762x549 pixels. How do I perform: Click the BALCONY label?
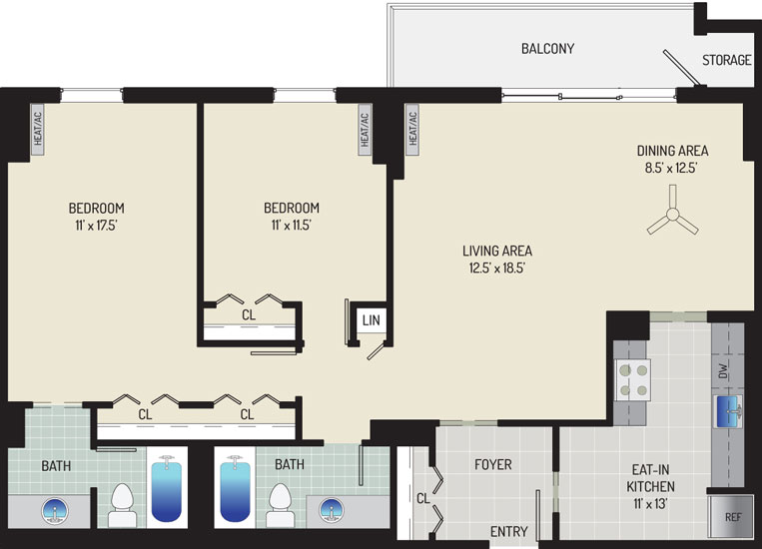pos(547,49)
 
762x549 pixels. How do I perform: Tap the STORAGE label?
pos(726,60)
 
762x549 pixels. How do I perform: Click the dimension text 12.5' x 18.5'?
pos(497,269)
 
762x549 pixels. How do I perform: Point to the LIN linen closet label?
pos(372,320)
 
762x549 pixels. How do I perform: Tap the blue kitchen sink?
pos(728,411)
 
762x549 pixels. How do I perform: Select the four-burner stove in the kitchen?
pos(633,380)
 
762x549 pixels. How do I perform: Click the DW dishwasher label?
pos(724,371)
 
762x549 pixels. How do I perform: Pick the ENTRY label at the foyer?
pos(508,531)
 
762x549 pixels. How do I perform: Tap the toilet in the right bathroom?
pos(281,505)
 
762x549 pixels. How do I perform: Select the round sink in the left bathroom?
pos(55,511)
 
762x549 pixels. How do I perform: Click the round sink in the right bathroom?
pos(332,510)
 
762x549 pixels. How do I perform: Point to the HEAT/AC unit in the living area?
pos(412,129)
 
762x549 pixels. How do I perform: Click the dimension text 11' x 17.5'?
pos(96,226)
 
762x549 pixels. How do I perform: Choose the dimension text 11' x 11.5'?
pos(291,226)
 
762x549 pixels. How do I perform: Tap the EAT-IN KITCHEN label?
pos(650,478)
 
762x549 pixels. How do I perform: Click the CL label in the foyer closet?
pos(423,498)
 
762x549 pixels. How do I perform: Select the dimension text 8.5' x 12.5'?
pos(671,168)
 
